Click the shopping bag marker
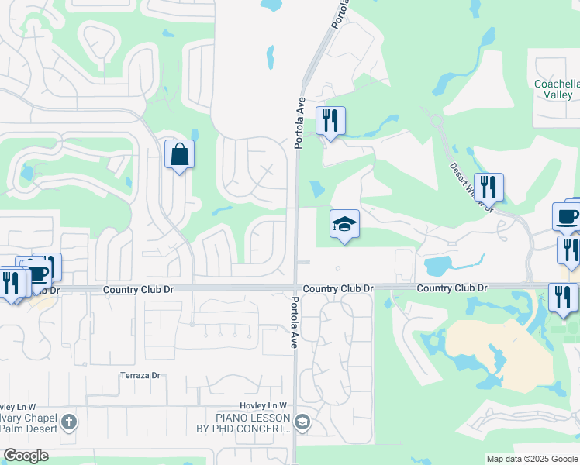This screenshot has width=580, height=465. [179, 154]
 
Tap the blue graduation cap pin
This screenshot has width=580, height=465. [344, 225]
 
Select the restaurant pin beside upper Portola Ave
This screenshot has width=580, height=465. [330, 121]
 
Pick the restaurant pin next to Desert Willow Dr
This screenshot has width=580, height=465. [489, 188]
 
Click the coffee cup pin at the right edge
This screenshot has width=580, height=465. [567, 216]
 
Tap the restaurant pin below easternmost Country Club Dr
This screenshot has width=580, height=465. [563, 298]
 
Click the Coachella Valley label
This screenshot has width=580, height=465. [553, 89]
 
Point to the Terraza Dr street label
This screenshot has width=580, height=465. [140, 376]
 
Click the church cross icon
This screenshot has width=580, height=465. [69, 422]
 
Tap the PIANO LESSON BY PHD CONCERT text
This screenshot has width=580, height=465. [243, 423]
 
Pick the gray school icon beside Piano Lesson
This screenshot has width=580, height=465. [302, 422]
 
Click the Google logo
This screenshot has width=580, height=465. [26, 456]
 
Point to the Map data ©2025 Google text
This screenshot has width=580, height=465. [531, 459]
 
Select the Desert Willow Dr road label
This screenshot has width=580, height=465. [472, 184]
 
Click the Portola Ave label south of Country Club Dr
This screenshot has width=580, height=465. [295, 322]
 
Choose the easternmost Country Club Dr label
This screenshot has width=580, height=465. [451, 288]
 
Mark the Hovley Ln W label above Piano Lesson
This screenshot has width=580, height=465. [263, 405]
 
